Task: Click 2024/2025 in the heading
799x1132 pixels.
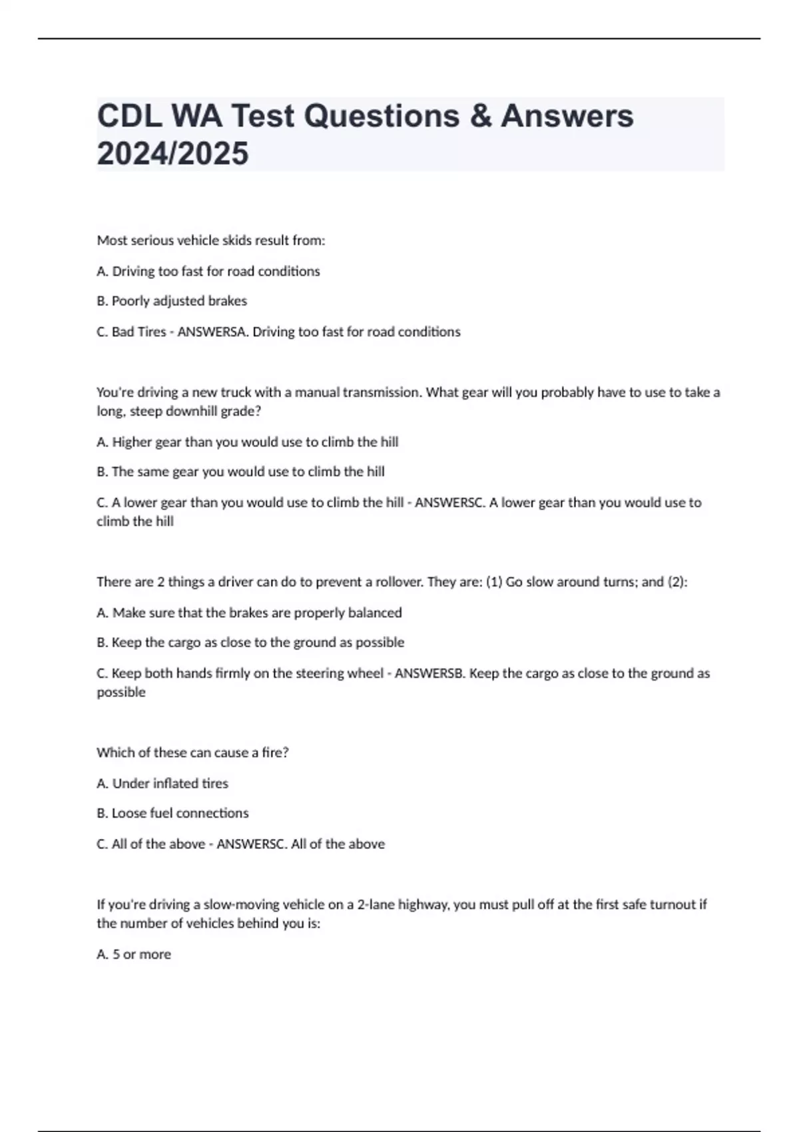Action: click(x=172, y=154)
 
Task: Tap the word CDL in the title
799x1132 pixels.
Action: click(x=129, y=116)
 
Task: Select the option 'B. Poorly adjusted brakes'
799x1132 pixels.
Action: click(x=172, y=301)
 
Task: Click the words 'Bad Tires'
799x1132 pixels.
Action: click(x=138, y=332)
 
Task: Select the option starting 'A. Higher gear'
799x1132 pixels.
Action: click(x=248, y=441)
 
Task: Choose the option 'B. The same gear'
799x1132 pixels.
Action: click(x=240, y=471)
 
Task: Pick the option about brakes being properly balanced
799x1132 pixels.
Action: click(x=249, y=613)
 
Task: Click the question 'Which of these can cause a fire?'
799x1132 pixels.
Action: click(x=192, y=752)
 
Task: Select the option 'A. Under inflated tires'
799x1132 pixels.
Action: click(x=162, y=783)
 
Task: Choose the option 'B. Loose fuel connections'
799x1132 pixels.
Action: click(x=172, y=813)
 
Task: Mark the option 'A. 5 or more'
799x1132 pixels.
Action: click(x=134, y=954)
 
